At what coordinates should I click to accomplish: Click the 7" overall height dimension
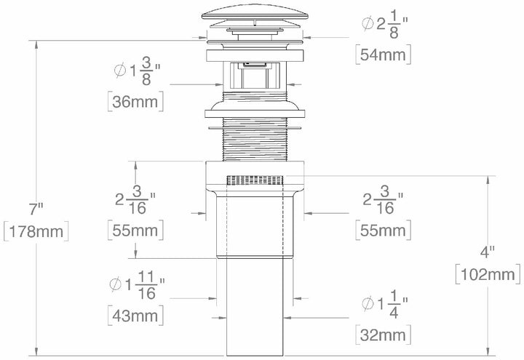(x=36, y=209)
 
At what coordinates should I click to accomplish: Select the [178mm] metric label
(x=36, y=233)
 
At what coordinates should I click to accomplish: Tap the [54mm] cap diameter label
(x=383, y=55)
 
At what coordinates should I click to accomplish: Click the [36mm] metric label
(x=135, y=102)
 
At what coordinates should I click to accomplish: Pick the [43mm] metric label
(x=135, y=315)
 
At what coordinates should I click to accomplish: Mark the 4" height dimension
(x=488, y=252)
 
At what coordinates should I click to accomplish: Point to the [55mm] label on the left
(x=135, y=231)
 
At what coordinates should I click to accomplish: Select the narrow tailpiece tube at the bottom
(x=255, y=305)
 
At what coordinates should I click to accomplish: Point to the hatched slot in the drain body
(x=255, y=179)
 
